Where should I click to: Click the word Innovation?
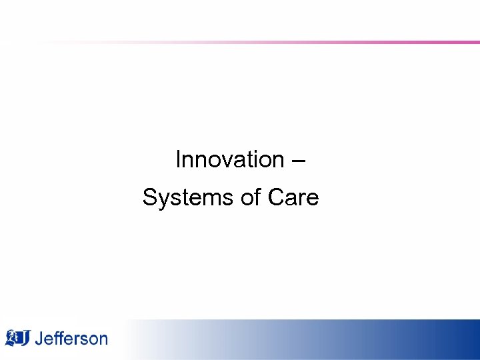pyautogui.click(x=229, y=160)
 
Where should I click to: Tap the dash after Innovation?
pyautogui.click(x=299, y=161)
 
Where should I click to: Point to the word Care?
pyautogui.click(x=293, y=198)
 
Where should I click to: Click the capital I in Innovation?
pyautogui.click(x=178, y=160)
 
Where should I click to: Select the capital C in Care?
pyautogui.click(x=275, y=198)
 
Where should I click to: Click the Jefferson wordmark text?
pyautogui.click(x=71, y=339)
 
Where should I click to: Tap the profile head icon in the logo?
pyautogui.click(x=13, y=337)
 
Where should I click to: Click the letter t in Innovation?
pyautogui.click(x=249, y=160)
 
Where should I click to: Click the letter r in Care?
pyautogui.click(x=303, y=199)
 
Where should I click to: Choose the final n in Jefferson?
pyautogui.click(x=101, y=339)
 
